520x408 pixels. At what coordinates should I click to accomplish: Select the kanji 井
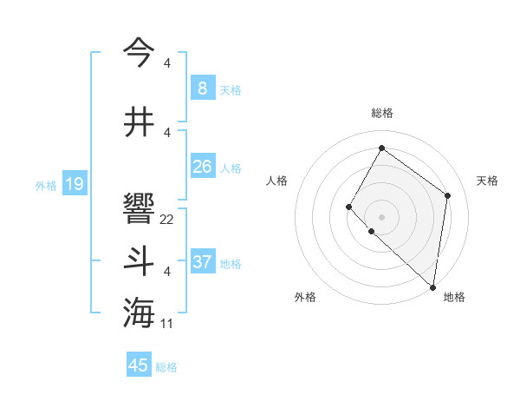click(x=139, y=121)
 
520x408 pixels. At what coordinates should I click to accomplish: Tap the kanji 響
click(x=139, y=208)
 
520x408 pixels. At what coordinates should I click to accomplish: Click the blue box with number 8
click(x=202, y=89)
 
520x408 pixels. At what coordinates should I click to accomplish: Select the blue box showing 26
click(x=202, y=167)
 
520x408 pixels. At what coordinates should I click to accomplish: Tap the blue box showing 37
click(x=202, y=262)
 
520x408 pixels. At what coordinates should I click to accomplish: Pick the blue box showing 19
click(x=75, y=184)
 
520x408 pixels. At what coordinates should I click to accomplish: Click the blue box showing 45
click(x=139, y=365)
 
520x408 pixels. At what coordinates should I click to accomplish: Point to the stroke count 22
click(x=167, y=220)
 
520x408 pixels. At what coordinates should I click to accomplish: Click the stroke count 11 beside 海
click(x=167, y=324)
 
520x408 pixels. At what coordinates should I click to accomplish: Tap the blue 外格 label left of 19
click(x=46, y=185)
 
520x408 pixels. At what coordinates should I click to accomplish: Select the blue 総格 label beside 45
click(x=167, y=367)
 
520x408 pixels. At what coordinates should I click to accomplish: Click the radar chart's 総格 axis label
click(x=382, y=113)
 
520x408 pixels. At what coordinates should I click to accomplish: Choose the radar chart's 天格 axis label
click(x=487, y=181)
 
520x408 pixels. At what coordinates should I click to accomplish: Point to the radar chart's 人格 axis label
click(x=276, y=181)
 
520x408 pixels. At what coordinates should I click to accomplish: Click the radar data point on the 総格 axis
click(x=381, y=148)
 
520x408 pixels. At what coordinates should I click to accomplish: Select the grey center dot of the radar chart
click(x=381, y=216)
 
